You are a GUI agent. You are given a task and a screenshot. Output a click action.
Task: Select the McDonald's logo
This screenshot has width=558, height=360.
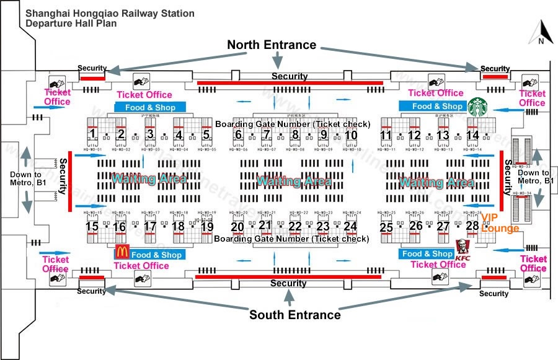pos(122,252)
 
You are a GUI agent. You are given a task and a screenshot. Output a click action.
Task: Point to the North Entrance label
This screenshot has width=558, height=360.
pos(272,45)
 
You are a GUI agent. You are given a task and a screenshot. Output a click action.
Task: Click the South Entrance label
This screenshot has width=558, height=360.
pos(294,315)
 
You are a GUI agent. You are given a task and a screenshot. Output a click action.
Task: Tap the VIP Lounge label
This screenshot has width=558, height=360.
pos(500,222)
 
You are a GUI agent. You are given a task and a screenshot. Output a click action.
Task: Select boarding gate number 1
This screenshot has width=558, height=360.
pos(92,134)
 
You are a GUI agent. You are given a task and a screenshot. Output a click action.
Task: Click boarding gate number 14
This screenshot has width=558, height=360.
pos(472,135)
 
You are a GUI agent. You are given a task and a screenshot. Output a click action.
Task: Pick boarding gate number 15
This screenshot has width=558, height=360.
pos(92,227)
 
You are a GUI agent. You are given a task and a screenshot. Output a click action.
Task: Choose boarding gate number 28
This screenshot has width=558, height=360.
pos(472,226)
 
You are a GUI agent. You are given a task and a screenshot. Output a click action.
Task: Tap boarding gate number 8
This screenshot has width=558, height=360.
pos(294,134)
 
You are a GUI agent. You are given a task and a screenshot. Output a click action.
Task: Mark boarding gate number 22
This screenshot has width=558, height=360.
pos(294,227)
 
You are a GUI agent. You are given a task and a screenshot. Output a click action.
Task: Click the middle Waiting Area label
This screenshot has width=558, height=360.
pos(293,182)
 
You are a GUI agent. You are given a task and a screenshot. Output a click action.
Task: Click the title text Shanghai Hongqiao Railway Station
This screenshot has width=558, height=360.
pos(110,13)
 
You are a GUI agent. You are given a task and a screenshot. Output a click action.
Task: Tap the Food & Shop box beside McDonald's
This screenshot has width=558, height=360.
pos(157,255)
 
